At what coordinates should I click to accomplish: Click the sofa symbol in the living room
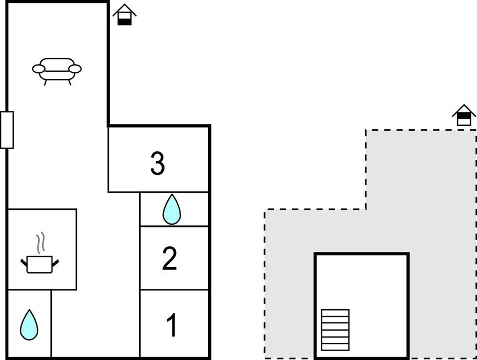click(x=57, y=70)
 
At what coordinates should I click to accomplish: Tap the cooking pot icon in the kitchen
click(x=40, y=263)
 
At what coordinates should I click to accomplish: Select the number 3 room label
click(x=158, y=164)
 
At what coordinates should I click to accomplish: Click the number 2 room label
click(x=169, y=258)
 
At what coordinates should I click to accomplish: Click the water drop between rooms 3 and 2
click(x=172, y=210)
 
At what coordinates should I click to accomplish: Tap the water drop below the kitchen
click(x=29, y=325)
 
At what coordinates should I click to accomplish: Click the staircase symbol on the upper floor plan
click(x=335, y=330)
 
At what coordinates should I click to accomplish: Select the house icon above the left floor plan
click(x=125, y=15)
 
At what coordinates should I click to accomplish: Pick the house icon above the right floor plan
click(x=464, y=115)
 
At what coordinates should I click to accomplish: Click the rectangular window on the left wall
click(x=7, y=130)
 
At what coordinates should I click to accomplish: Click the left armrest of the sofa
click(x=38, y=69)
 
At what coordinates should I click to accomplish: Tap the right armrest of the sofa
click(x=76, y=69)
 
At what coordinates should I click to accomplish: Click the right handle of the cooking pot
click(x=55, y=262)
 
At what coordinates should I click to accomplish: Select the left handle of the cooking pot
click(x=24, y=262)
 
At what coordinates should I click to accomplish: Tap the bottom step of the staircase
click(x=335, y=347)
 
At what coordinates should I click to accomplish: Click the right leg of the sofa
click(x=70, y=82)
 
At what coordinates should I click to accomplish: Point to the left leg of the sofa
click(x=45, y=82)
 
